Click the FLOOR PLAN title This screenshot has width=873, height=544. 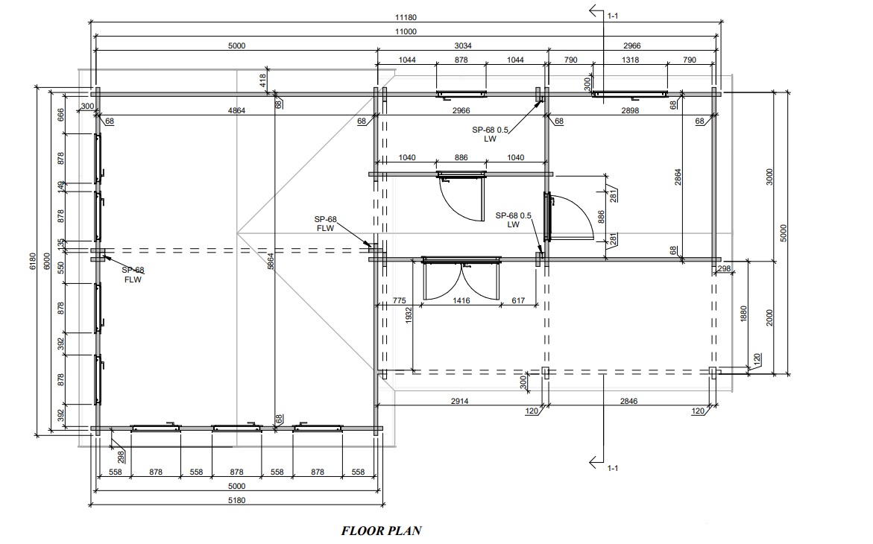[382, 530]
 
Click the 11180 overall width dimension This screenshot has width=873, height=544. [406, 17]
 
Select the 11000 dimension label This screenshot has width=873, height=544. [406, 32]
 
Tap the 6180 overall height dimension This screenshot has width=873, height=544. [32, 262]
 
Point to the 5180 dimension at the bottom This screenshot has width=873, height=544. [236, 500]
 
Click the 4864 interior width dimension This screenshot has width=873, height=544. [236, 110]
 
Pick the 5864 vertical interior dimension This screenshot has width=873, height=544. [271, 262]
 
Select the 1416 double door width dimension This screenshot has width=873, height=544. [461, 300]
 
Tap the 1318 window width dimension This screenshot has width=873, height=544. [630, 60]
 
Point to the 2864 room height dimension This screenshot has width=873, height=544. [678, 177]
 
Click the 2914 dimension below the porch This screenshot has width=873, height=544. [459, 401]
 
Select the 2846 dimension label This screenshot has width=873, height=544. [628, 401]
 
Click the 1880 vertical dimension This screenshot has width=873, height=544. [744, 314]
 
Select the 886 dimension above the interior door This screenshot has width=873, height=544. [461, 157]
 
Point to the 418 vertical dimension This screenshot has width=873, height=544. [262, 81]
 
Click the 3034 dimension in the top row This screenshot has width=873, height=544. [463, 45]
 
